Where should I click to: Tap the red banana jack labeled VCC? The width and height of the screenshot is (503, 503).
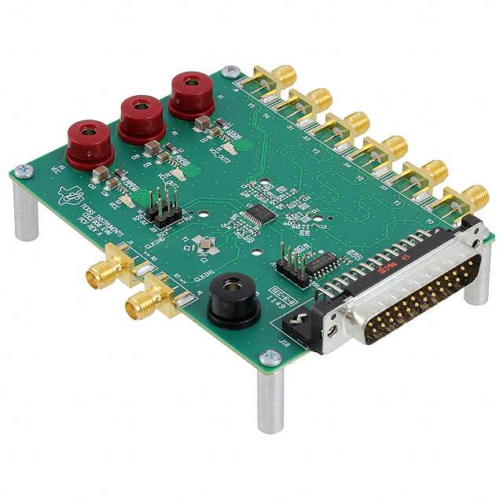[x=89, y=141]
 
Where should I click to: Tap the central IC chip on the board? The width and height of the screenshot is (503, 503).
[x=259, y=213]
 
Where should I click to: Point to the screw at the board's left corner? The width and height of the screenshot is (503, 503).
[x=21, y=170]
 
